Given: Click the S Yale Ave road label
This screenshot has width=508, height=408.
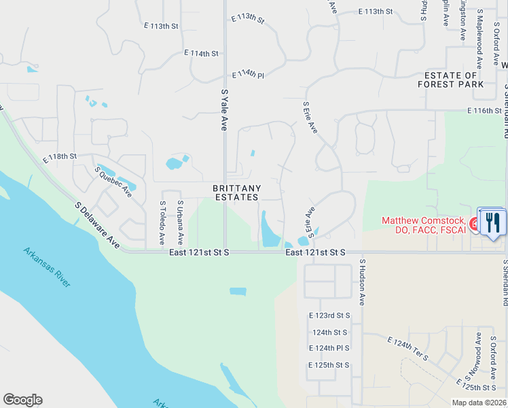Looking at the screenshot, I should (x=223, y=109).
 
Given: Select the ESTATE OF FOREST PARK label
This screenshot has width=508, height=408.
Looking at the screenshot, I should (x=454, y=80).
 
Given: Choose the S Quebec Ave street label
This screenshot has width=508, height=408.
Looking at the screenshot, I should (x=113, y=182).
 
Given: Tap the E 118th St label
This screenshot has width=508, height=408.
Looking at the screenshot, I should (x=59, y=157).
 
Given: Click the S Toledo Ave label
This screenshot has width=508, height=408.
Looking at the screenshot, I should (x=162, y=223).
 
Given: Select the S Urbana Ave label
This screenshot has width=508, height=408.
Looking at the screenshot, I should (x=180, y=223).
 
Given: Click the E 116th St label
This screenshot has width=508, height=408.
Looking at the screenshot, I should (x=484, y=110).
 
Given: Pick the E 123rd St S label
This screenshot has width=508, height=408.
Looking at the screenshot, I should (x=329, y=316).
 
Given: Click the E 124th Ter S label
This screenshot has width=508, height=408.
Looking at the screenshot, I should (x=408, y=347).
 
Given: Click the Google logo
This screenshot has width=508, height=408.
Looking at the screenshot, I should (x=22, y=400).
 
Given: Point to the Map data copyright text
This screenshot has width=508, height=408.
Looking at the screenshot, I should (x=478, y=402).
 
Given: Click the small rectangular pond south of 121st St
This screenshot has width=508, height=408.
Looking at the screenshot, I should (x=238, y=291).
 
